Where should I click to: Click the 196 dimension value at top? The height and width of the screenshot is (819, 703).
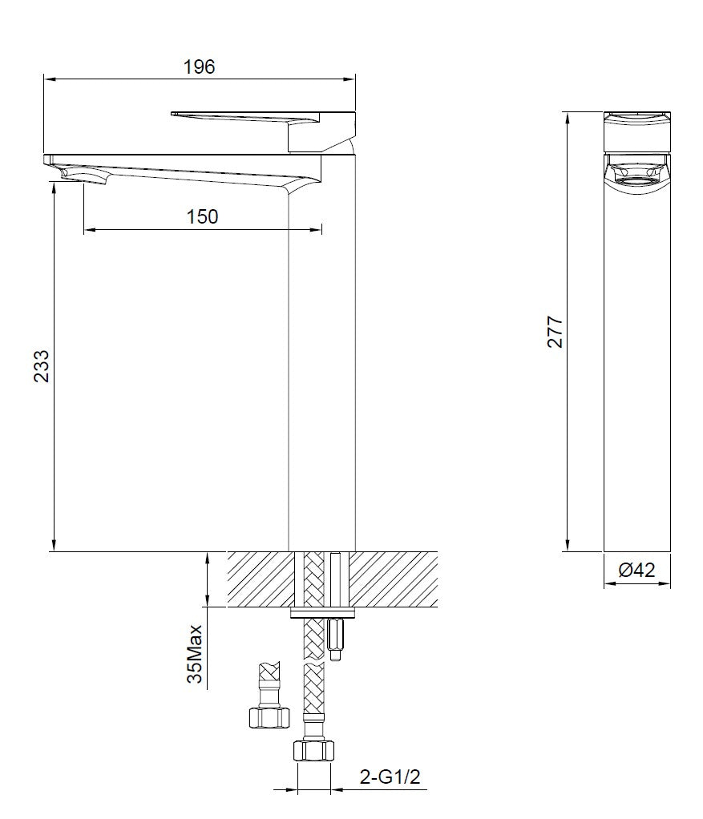click(199, 67)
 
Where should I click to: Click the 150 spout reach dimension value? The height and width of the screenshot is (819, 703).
click(202, 216)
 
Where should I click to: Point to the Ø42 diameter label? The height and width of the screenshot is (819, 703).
click(637, 570)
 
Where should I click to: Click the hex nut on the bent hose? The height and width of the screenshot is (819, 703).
click(265, 716)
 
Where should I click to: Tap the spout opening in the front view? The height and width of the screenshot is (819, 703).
click(636, 171)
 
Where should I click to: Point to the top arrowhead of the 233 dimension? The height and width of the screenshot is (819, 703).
click(53, 185)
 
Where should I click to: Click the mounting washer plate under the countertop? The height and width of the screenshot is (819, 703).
click(321, 613)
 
